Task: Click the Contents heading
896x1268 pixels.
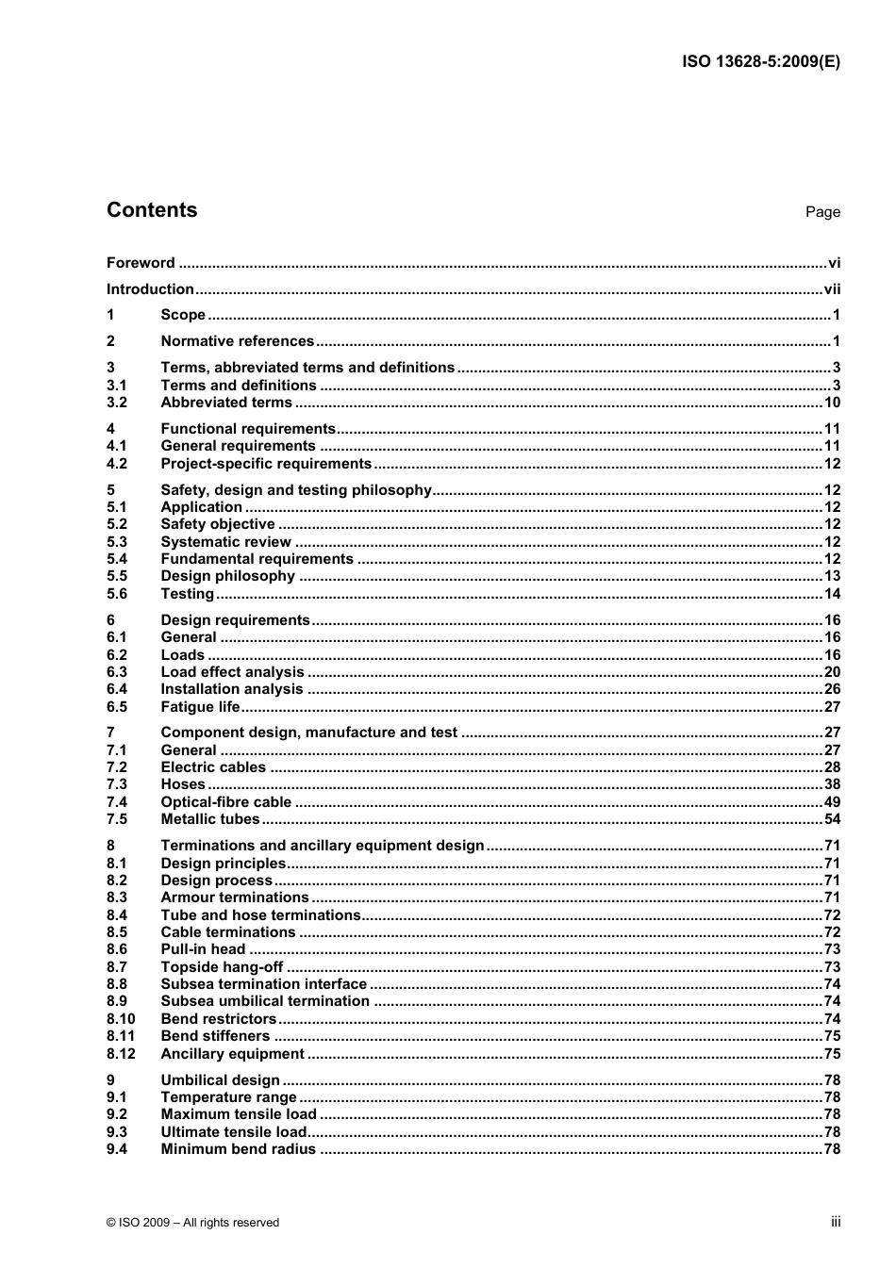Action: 152,210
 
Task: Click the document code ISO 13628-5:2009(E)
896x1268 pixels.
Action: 760,62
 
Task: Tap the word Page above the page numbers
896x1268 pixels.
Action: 822,212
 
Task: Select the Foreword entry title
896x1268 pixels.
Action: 141,263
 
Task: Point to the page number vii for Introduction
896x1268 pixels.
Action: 832,289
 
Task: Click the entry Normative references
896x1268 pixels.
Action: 237,341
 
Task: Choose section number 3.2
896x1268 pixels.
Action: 117,403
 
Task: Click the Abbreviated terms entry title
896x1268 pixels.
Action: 226,403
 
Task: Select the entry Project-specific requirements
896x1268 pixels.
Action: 266,464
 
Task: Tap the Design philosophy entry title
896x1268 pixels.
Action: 227,576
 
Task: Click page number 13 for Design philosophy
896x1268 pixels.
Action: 832,576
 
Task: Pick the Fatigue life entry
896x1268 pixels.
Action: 200,707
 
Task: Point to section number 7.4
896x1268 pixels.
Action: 117,802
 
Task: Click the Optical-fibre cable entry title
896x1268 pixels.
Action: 226,802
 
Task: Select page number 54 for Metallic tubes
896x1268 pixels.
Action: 832,819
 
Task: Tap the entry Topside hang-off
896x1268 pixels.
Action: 222,967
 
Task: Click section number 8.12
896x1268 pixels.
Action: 121,1054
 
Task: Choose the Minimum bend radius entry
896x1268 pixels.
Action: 238,1149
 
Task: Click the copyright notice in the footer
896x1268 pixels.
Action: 193,1223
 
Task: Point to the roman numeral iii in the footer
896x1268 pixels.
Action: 836,1222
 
